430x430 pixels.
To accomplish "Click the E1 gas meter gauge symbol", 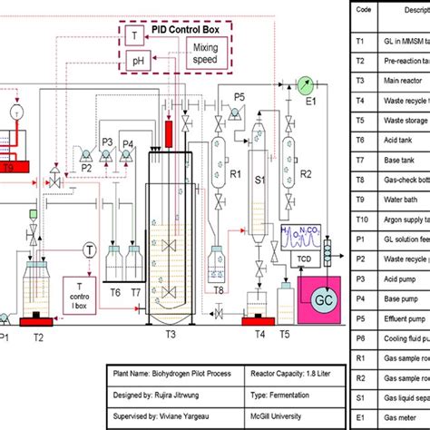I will [x=302, y=84].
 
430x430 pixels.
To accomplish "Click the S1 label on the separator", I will [x=258, y=181].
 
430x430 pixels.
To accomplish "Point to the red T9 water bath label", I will [x=8, y=166].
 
